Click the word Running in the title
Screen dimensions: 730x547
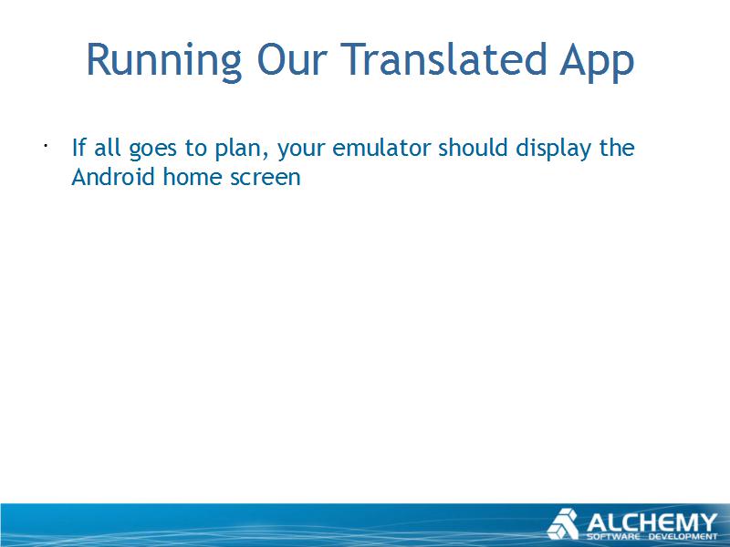164,61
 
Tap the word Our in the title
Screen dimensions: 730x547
292,59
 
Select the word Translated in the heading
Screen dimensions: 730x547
443,59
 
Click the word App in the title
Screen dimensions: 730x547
597,62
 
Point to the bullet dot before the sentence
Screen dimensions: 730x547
46,146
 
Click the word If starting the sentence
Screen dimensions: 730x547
78,148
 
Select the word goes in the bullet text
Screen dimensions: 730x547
153,150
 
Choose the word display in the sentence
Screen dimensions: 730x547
553,150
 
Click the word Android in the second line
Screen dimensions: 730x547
112,177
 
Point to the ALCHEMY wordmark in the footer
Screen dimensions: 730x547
652,522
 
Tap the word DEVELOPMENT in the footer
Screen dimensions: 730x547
683,537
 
